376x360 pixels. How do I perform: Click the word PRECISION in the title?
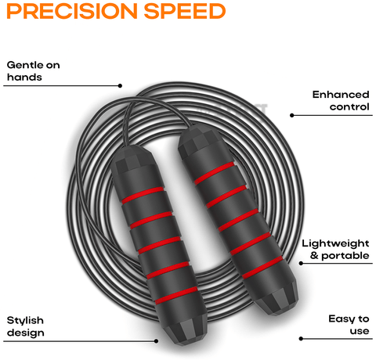[72, 11]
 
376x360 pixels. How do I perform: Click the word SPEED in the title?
[185, 11]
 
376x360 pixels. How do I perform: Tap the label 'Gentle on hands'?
[34, 71]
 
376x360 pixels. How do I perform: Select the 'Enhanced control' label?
[341, 101]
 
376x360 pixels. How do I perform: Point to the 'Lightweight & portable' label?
[336, 250]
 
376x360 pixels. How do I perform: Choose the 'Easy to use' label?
[349, 325]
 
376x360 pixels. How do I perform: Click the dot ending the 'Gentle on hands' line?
[120, 85]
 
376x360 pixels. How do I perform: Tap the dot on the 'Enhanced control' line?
[292, 115]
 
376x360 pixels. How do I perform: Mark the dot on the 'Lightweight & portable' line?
[301, 264]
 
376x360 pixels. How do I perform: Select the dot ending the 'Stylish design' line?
[156, 341]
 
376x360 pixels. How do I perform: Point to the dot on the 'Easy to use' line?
[301, 339]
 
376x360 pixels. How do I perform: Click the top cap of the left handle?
[131, 160]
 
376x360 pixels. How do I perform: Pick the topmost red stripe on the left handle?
[143, 195]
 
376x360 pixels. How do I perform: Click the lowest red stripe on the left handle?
[176, 296]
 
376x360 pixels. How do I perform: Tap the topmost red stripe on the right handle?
[215, 173]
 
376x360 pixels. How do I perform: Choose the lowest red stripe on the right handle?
[262, 268]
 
